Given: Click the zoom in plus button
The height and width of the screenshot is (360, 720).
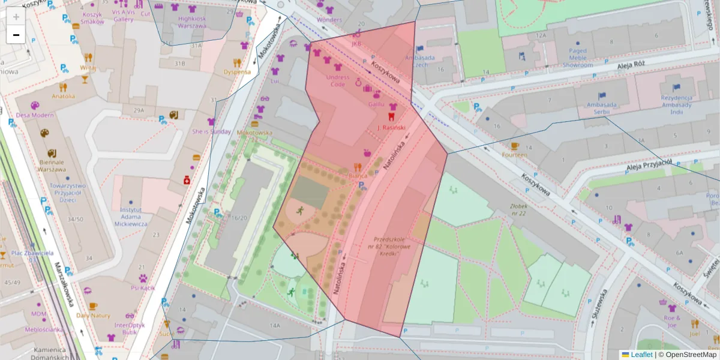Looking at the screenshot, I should [x=16, y=17].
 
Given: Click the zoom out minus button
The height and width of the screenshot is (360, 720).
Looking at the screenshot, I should [x=16, y=35].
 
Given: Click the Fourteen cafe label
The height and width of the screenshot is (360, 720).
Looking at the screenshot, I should [x=515, y=155].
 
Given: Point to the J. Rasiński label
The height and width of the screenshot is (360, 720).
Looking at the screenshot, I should [x=391, y=128].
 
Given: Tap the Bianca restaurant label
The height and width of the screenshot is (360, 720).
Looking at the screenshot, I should [x=358, y=176].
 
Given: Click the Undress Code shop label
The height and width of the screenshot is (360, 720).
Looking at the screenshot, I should [x=338, y=80].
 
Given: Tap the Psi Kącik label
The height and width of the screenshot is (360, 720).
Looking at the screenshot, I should [x=143, y=288].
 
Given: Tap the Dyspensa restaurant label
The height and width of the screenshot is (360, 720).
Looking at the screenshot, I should [x=237, y=72].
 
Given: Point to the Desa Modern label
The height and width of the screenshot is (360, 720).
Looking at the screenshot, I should [x=35, y=115].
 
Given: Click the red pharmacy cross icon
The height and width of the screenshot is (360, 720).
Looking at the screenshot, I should [x=187, y=180].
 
